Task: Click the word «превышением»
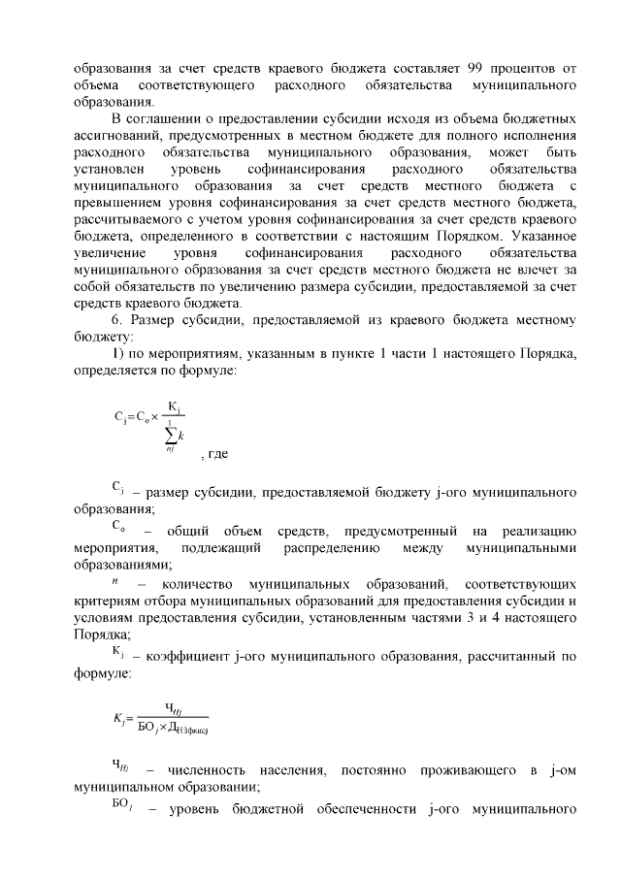112,202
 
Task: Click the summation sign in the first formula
171,435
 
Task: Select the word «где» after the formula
215,453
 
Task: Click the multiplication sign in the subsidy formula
153,418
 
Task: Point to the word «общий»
185,531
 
